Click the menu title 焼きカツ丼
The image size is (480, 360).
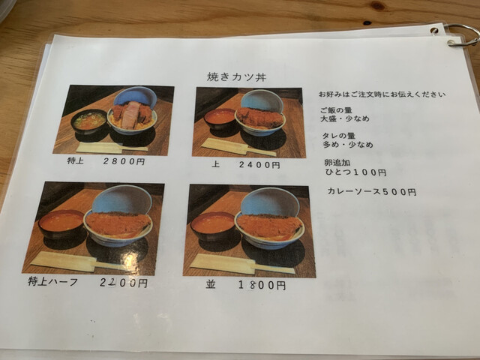(x=236, y=76)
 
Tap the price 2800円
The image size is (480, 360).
(x=124, y=161)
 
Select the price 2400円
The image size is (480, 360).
(x=259, y=165)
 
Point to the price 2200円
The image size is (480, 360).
(x=123, y=283)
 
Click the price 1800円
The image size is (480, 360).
(x=262, y=285)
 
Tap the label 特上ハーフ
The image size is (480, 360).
(x=52, y=281)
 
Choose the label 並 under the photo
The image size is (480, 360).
(x=211, y=285)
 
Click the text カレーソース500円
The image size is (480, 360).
(x=372, y=192)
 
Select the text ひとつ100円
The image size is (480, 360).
(x=355, y=172)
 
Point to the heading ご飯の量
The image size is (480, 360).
(x=336, y=110)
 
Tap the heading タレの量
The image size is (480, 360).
(x=338, y=136)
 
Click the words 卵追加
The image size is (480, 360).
(x=337, y=163)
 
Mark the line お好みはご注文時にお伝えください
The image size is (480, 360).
(x=382, y=94)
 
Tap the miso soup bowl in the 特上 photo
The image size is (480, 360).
(x=89, y=121)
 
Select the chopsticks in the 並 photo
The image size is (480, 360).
(x=242, y=264)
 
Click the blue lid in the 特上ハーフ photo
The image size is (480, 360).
(x=121, y=199)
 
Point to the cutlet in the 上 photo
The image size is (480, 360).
(x=260, y=118)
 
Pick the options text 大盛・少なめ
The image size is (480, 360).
(x=345, y=118)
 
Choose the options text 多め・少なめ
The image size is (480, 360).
(x=348, y=144)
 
